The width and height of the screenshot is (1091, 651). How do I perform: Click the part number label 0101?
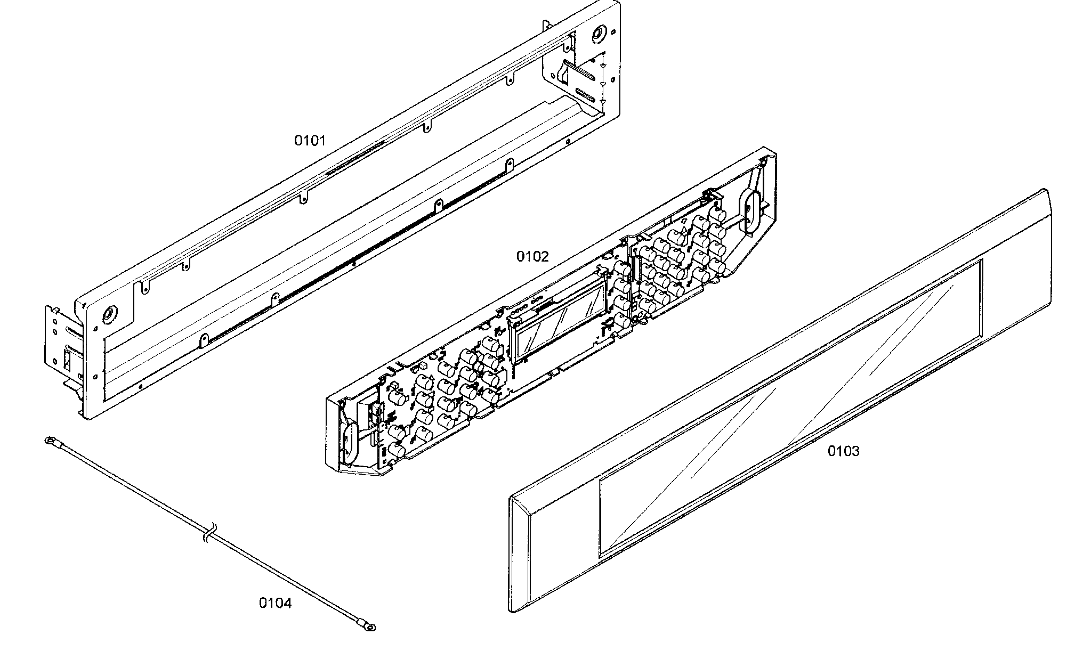coord(310,141)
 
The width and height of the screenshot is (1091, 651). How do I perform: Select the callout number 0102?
coord(532,257)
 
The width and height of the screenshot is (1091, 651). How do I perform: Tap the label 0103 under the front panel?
coord(843,451)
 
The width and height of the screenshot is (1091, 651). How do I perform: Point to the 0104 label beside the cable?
coord(275,603)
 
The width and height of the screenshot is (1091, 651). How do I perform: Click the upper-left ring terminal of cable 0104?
coord(50,440)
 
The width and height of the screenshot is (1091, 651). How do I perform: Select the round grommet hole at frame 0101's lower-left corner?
coord(110,314)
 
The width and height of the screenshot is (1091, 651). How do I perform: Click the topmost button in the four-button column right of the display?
coord(621,267)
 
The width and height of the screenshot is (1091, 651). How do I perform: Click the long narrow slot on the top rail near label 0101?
coord(354,158)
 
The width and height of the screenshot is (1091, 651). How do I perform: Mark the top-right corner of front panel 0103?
coord(1046,190)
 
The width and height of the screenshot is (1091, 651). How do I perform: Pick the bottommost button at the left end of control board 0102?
coord(395,451)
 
